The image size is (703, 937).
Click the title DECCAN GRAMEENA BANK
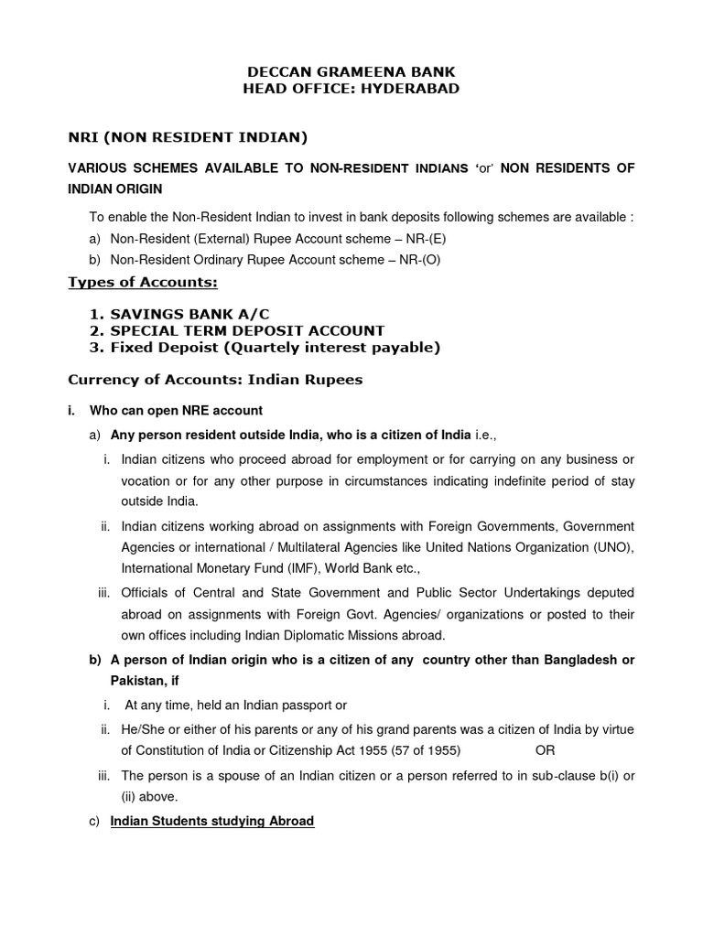(x=351, y=71)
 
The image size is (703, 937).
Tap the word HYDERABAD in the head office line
(x=409, y=89)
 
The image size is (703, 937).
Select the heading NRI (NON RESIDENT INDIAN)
(x=188, y=138)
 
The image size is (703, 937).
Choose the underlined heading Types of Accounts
(x=143, y=282)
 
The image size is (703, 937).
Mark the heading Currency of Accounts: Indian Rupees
(x=215, y=380)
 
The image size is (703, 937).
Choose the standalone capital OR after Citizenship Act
(x=546, y=749)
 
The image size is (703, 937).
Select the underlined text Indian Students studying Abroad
(x=211, y=821)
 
